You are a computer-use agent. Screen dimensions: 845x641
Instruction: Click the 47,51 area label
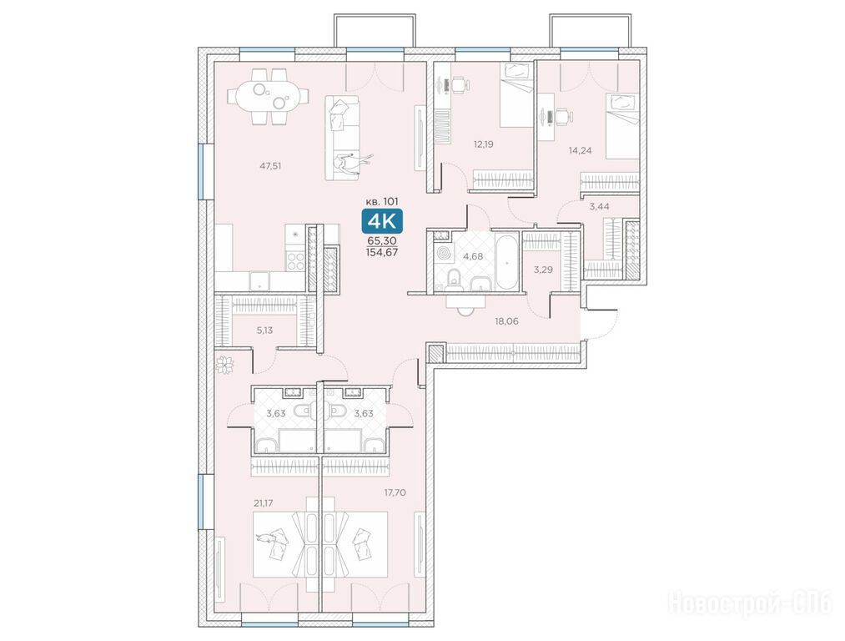(x=270, y=166)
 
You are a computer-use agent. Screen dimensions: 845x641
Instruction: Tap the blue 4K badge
(x=382, y=221)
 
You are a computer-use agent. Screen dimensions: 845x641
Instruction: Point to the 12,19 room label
(x=484, y=144)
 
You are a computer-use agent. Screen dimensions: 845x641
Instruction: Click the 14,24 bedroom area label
(x=580, y=150)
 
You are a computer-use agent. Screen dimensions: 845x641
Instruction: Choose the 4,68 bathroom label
(x=473, y=256)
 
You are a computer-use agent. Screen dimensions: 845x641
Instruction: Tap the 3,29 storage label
(x=543, y=270)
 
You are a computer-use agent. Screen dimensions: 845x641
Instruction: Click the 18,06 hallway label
(x=506, y=321)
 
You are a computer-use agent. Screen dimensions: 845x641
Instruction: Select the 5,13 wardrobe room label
(x=264, y=331)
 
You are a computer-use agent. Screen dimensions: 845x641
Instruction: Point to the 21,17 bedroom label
(x=264, y=503)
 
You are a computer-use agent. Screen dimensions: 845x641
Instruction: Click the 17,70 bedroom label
(x=395, y=492)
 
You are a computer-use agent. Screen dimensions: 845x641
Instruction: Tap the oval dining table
(x=269, y=96)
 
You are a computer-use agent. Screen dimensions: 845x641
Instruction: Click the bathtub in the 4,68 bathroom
(x=506, y=261)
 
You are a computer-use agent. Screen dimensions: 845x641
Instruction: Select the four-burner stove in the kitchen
(x=296, y=261)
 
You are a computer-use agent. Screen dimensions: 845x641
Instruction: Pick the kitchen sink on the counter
(x=260, y=281)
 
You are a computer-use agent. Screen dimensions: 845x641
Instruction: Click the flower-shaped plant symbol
(x=224, y=365)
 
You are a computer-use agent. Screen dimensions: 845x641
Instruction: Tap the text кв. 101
(x=382, y=201)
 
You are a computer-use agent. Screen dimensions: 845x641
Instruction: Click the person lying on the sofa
(x=351, y=163)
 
